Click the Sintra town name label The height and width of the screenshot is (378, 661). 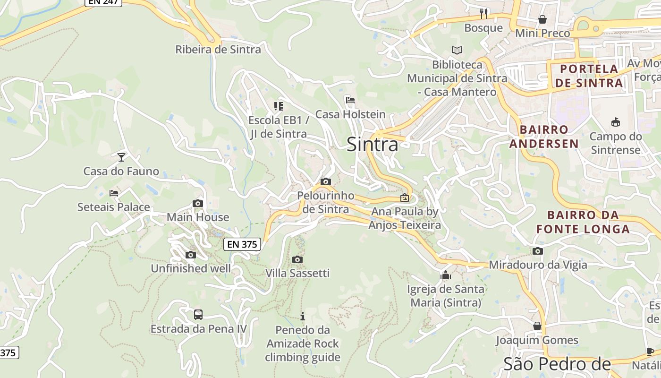[x=373, y=145]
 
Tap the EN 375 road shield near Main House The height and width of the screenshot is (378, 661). [x=242, y=244]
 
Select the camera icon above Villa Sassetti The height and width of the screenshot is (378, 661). [x=297, y=259]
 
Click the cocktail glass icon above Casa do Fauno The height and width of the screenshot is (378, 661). [x=121, y=157]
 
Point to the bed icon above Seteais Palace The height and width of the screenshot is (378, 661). [x=114, y=193]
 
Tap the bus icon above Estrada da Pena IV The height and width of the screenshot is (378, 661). [x=198, y=314]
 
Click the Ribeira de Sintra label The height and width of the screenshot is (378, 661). [x=218, y=50]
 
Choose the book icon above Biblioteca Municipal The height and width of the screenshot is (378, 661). [x=457, y=50]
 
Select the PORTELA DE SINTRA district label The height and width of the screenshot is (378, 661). [x=589, y=76]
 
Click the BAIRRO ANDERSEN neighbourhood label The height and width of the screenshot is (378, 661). [x=544, y=137]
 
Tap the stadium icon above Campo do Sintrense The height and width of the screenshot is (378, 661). [x=616, y=122]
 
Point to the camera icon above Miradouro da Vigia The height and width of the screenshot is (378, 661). [x=538, y=251]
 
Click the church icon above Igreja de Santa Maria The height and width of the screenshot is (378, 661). [x=445, y=275]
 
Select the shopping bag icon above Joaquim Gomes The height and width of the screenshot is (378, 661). [x=537, y=326]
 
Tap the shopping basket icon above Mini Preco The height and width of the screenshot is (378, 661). [x=542, y=19]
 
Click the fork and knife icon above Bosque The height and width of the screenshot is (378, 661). [x=483, y=13]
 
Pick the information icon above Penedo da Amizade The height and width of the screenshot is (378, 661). [x=303, y=316]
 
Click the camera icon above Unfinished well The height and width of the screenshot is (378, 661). [x=191, y=255]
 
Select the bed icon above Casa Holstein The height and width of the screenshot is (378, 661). [x=350, y=100]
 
